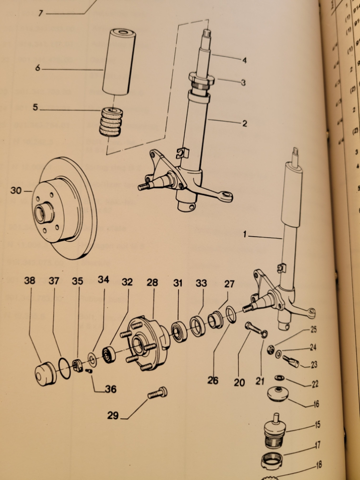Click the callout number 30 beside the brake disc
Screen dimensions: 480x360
pos(16,191)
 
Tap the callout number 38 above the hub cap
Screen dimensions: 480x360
pos(29,282)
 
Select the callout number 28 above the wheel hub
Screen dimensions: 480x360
pos(152,283)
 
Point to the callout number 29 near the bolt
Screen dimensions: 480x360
pos(113,416)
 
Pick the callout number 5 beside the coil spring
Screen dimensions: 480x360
pos(35,108)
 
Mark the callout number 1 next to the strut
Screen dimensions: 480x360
pos(245,235)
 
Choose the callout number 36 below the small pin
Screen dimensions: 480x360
pos(111,390)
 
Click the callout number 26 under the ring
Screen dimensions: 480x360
pos(213,381)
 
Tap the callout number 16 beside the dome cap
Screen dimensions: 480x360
pos(316,404)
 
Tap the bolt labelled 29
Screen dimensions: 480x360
pos(158,393)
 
